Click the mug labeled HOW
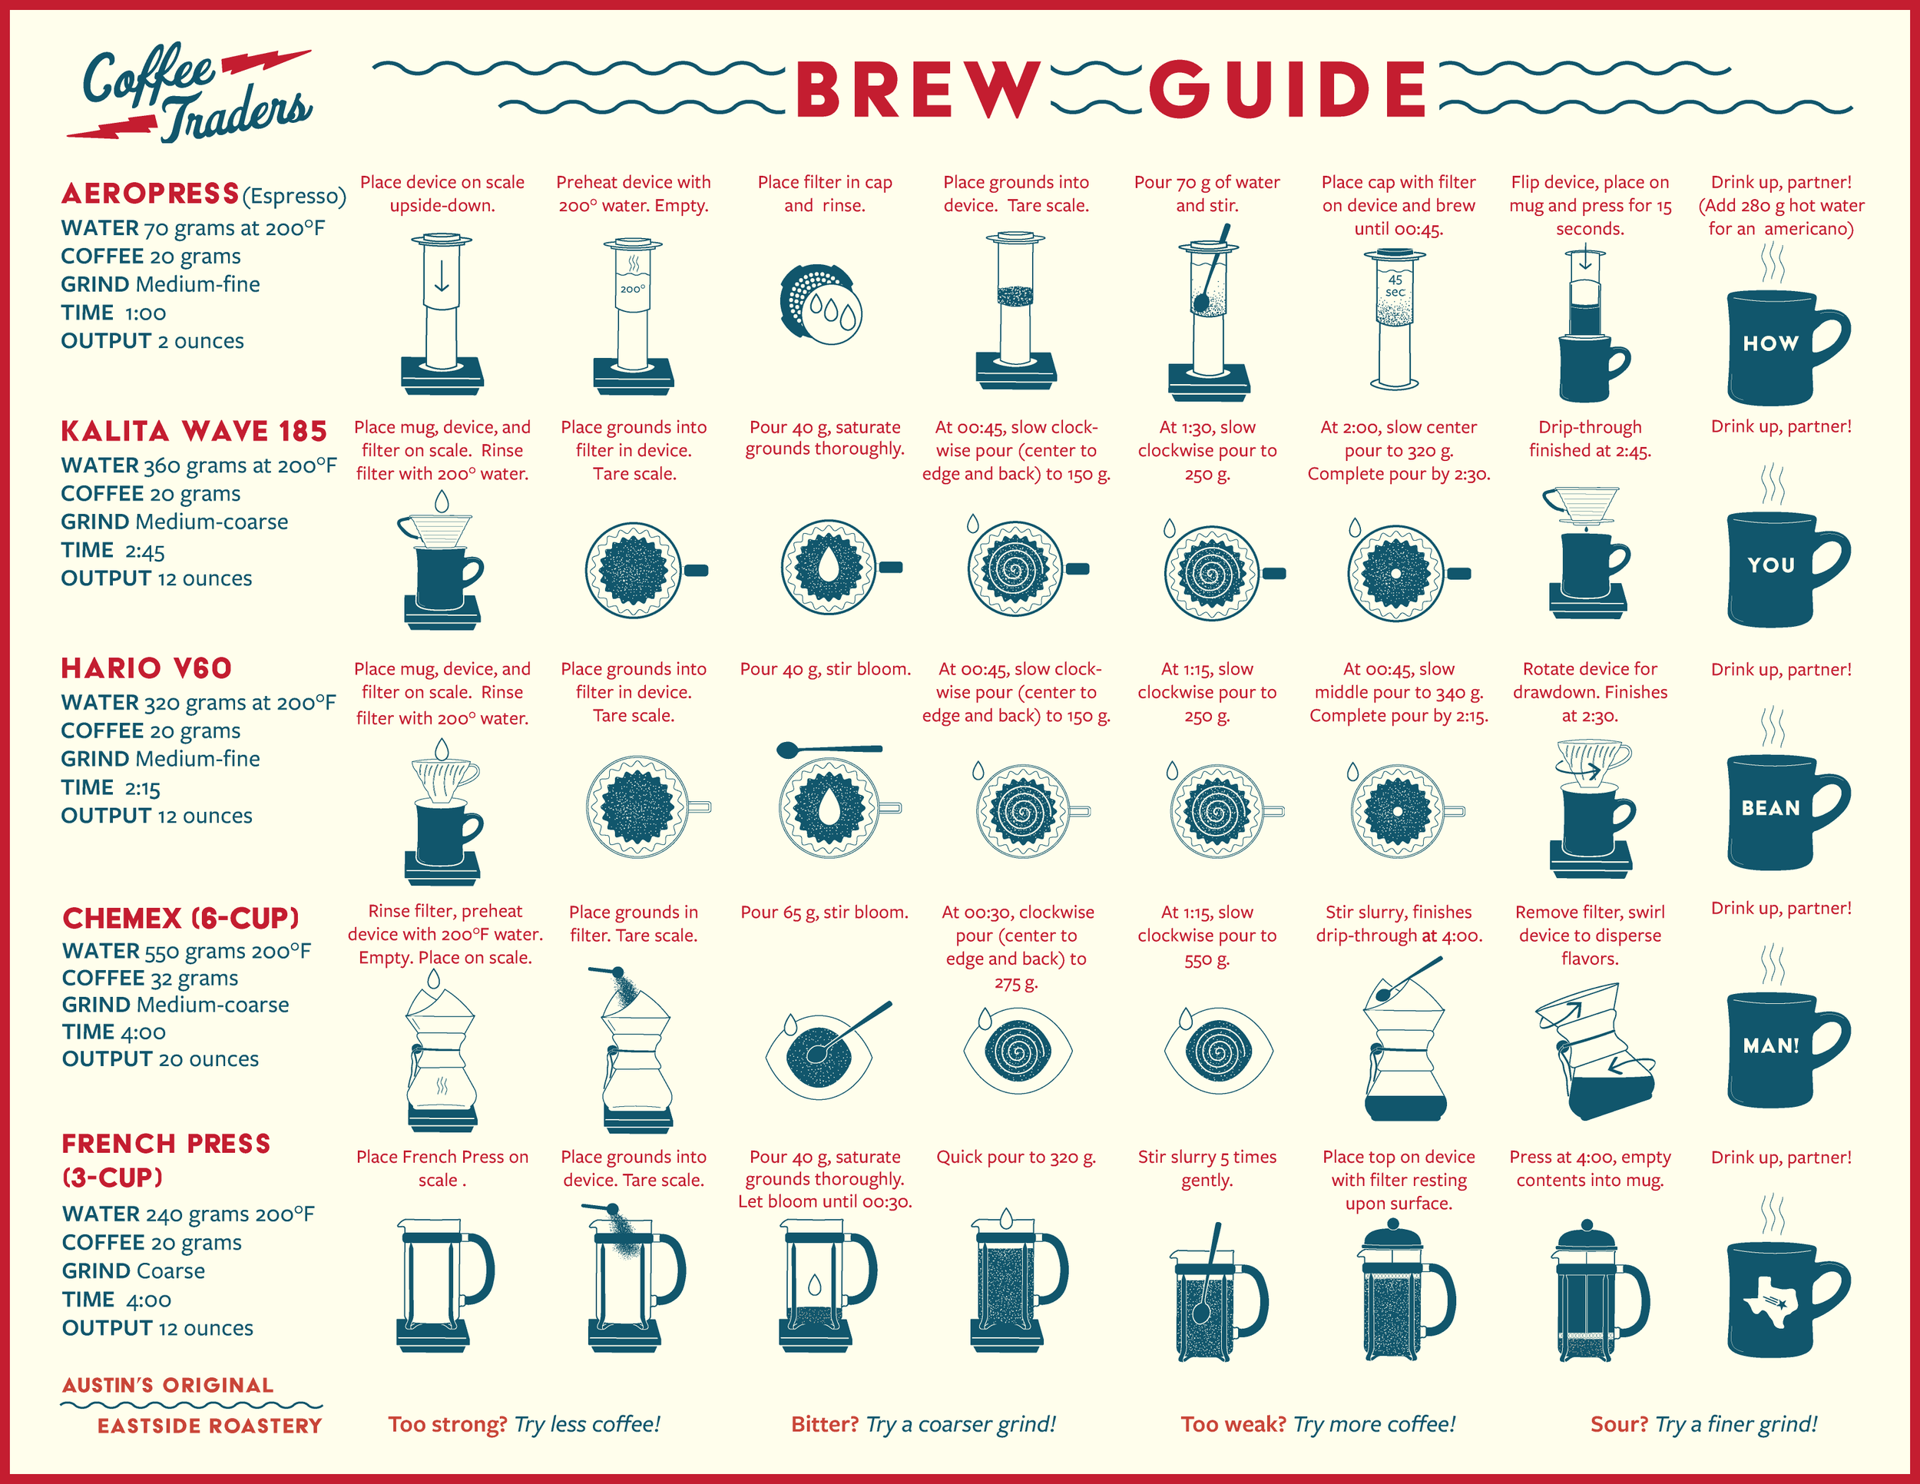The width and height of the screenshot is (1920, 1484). click(1776, 345)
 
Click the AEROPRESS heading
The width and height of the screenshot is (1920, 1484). click(151, 194)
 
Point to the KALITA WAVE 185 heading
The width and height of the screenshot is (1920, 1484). click(194, 431)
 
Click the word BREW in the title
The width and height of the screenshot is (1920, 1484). click(917, 90)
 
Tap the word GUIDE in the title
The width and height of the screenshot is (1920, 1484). click(1288, 90)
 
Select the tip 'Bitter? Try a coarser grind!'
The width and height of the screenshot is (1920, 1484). click(923, 1424)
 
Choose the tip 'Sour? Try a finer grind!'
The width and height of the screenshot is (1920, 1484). click(1703, 1424)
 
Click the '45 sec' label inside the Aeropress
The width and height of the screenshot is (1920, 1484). click(1395, 286)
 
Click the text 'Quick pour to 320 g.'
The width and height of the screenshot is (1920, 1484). click(1015, 1157)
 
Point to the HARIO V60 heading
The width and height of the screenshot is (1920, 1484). click(147, 668)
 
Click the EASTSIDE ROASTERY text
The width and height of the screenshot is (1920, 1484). click(209, 1426)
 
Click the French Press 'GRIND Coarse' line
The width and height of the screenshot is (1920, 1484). click(134, 1271)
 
